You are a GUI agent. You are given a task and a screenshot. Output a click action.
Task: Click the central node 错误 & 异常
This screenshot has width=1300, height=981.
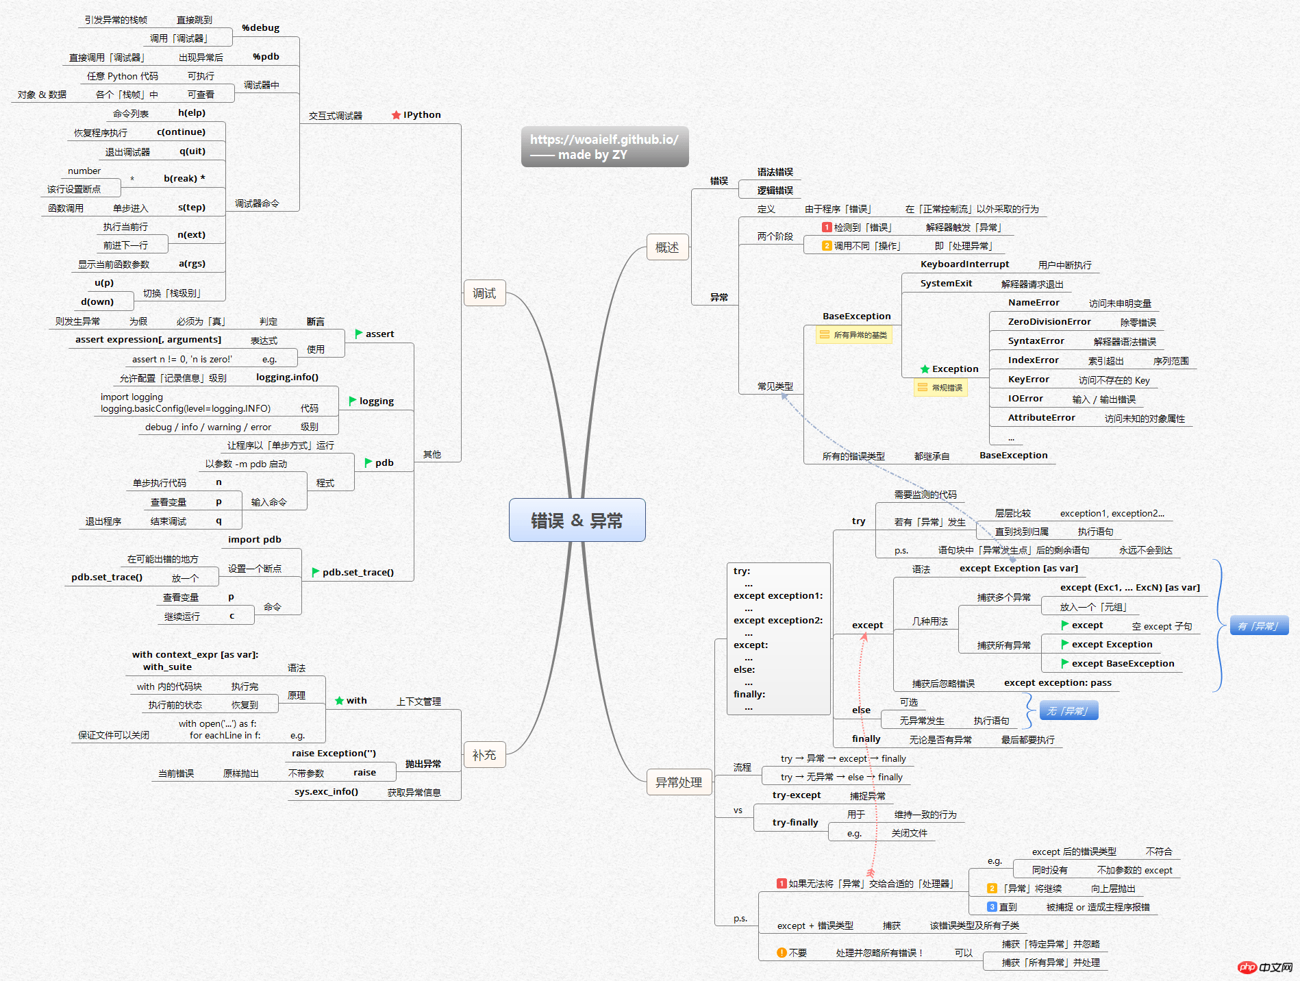point(577,520)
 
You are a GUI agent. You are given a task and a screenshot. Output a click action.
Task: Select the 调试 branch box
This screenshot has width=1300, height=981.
point(484,293)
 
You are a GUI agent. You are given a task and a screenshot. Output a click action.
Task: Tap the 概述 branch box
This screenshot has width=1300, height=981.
point(667,247)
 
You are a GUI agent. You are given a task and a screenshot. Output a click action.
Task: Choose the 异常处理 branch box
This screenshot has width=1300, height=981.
point(679,782)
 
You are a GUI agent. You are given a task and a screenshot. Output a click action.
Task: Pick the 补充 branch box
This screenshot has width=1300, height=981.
point(484,755)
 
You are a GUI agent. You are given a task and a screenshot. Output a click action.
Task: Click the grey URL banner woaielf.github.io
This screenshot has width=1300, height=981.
point(605,147)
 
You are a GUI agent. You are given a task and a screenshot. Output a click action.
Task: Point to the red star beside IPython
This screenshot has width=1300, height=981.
point(396,115)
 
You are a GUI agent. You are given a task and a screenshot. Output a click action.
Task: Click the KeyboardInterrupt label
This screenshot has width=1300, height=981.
point(964,264)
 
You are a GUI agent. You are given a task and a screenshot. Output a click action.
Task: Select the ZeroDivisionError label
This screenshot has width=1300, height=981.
point(1049,322)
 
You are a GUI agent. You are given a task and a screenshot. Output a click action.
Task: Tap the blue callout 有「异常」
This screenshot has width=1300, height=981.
point(1259,625)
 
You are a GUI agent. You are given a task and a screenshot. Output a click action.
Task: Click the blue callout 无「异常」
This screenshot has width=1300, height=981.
point(1068,710)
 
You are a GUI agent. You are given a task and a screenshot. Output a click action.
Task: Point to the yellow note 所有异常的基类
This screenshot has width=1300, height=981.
point(854,335)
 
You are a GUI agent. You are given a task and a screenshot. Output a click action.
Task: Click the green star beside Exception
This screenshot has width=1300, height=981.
point(925,369)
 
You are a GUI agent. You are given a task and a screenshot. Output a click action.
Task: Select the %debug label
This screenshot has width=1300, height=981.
point(260,28)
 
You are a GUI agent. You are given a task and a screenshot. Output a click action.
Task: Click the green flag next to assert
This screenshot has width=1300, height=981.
point(358,334)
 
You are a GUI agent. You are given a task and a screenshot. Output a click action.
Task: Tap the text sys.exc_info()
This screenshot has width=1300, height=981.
point(326,792)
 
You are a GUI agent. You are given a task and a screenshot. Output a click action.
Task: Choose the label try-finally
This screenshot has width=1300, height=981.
point(795,822)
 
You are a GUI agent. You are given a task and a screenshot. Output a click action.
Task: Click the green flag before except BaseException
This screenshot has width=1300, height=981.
point(1065,663)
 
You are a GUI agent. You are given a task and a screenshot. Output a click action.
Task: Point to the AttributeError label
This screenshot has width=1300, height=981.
point(1041,418)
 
